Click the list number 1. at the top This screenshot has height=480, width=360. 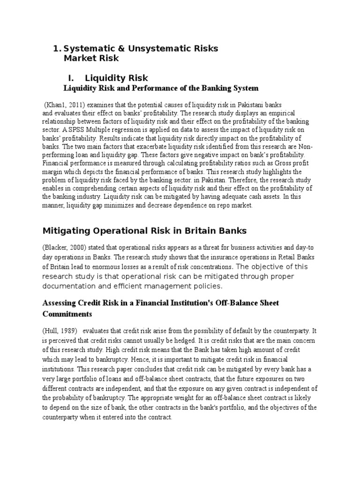pos(57,48)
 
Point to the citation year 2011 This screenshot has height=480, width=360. pos(73,104)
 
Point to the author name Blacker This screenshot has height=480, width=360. pos(57,247)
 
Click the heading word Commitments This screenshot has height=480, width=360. pos(67,313)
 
